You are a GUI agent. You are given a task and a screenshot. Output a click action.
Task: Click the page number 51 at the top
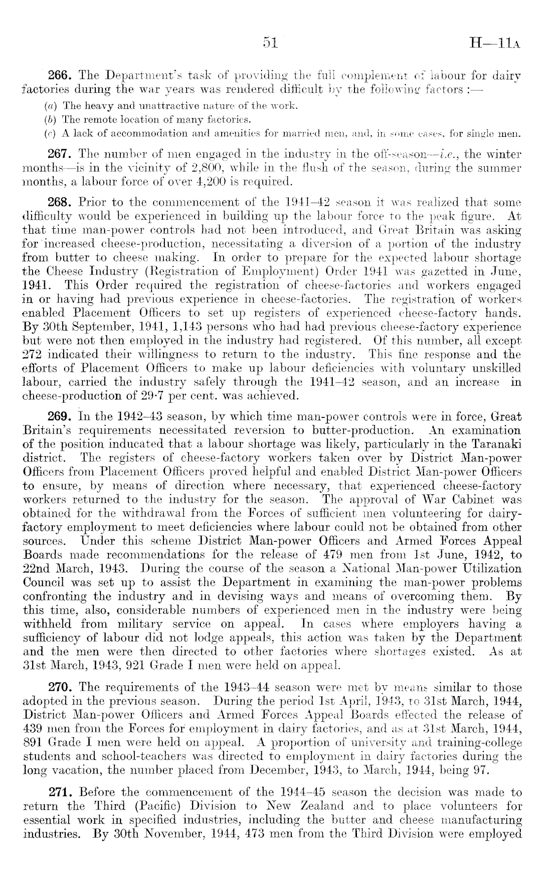tap(271, 44)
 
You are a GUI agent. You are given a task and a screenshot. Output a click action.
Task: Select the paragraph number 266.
tap(60, 76)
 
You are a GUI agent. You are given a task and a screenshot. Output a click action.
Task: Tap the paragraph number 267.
tap(60, 153)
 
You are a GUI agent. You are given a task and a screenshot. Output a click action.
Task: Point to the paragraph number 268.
tap(60, 203)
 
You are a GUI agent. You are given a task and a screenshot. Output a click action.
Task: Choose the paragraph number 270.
tap(60, 687)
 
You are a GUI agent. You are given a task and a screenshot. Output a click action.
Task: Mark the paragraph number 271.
tap(60, 793)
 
